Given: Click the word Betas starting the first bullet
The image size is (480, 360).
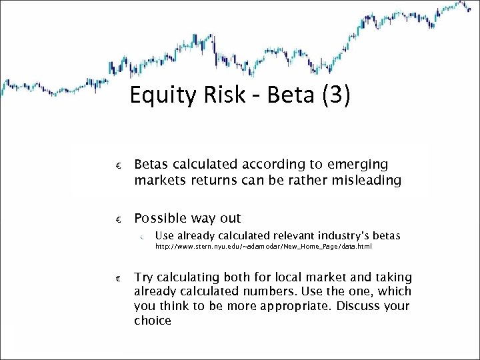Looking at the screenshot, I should click(x=151, y=164).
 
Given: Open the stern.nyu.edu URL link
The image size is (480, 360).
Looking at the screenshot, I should click(x=263, y=247).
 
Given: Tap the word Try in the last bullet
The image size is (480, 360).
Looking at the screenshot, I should click(x=143, y=277).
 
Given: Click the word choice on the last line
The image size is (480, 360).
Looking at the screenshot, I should click(x=153, y=321).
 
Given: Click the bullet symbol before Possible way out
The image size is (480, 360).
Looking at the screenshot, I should click(x=117, y=219).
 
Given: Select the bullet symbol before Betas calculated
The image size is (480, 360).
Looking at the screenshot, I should click(x=117, y=165).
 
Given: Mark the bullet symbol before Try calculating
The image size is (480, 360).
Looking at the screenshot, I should click(x=117, y=278).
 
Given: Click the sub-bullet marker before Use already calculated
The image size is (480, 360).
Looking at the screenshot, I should click(x=143, y=236).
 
